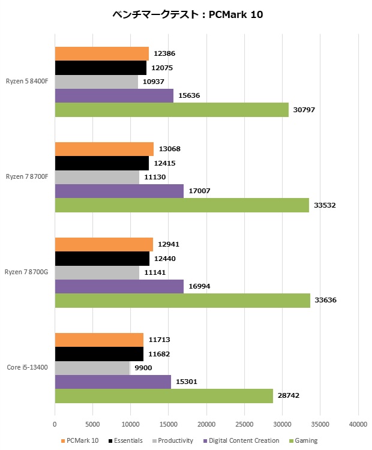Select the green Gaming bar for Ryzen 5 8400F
pyautogui.click(x=172, y=110)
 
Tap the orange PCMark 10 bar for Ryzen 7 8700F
pyautogui.click(x=104, y=149)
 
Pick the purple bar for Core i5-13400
pyautogui.click(x=113, y=382)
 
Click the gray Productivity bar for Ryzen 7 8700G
pyautogui.click(x=97, y=273)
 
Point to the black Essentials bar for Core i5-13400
pyautogui.click(x=99, y=354)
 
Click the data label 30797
pyautogui.click(x=303, y=110)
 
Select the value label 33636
pyautogui.click(x=325, y=299)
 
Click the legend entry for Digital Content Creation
pyautogui.click(x=244, y=440)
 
